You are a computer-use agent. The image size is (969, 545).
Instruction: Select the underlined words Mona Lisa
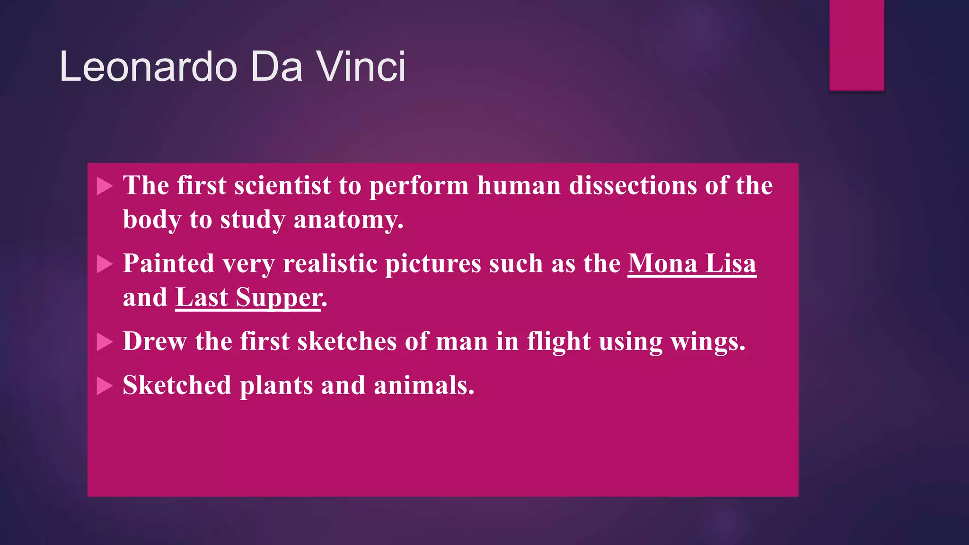click(692, 264)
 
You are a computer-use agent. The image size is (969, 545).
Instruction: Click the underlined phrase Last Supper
click(248, 298)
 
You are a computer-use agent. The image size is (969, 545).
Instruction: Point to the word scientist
click(282, 185)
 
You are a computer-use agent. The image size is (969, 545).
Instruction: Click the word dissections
click(633, 185)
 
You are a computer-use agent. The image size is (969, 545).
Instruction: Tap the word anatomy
click(349, 220)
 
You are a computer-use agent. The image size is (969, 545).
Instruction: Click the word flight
click(559, 342)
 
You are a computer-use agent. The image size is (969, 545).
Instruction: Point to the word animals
click(423, 385)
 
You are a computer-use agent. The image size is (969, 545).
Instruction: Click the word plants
click(276, 385)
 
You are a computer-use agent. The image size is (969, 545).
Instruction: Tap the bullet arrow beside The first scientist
click(105, 186)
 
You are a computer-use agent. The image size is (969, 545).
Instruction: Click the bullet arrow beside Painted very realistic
click(105, 264)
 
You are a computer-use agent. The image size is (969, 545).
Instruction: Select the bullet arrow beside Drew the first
click(105, 342)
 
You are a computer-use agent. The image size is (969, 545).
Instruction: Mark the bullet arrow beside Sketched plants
click(105, 386)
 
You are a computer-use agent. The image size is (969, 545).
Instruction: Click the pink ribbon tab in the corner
click(856, 45)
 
